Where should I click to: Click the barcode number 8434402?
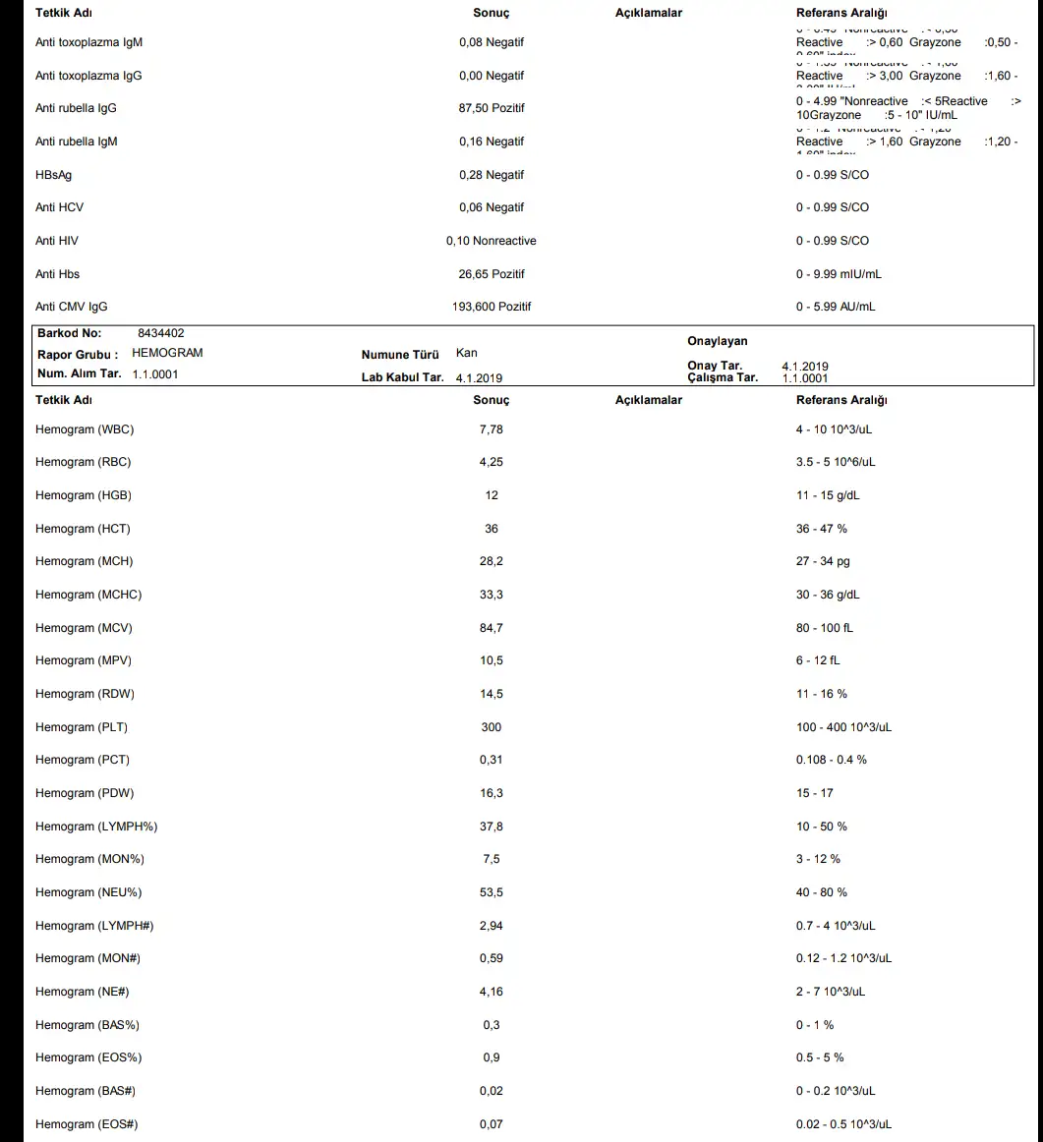(x=161, y=334)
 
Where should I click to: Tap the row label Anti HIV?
(x=57, y=241)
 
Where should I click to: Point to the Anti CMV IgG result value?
(x=492, y=307)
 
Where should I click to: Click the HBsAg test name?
(x=53, y=175)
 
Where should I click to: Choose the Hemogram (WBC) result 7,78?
(x=492, y=429)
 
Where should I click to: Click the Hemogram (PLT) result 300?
(x=492, y=727)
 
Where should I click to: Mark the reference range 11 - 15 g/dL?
(x=828, y=495)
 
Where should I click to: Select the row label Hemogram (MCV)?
(x=84, y=628)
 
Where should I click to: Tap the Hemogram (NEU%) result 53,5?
(x=492, y=892)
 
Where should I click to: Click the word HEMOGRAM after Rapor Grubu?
(x=167, y=353)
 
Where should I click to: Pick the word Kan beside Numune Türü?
(x=467, y=353)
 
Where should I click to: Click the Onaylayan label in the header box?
(x=718, y=342)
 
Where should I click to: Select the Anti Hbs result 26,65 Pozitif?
(x=492, y=274)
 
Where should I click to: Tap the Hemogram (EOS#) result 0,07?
(x=492, y=1124)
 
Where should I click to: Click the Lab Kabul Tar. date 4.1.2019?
(x=480, y=378)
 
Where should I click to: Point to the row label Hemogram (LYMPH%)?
(x=96, y=827)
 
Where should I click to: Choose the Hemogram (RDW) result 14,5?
(x=492, y=694)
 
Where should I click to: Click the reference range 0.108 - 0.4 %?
(x=832, y=760)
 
